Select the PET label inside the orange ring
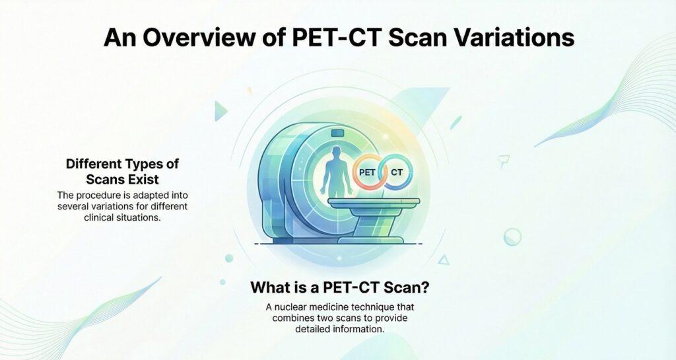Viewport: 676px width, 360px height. point(366,172)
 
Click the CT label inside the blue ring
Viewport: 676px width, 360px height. point(397,172)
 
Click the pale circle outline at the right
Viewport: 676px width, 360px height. point(512,236)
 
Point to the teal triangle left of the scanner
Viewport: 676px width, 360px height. point(220,111)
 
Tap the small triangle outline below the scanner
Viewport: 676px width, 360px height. point(444,260)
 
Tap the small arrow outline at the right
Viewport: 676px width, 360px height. point(504,159)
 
